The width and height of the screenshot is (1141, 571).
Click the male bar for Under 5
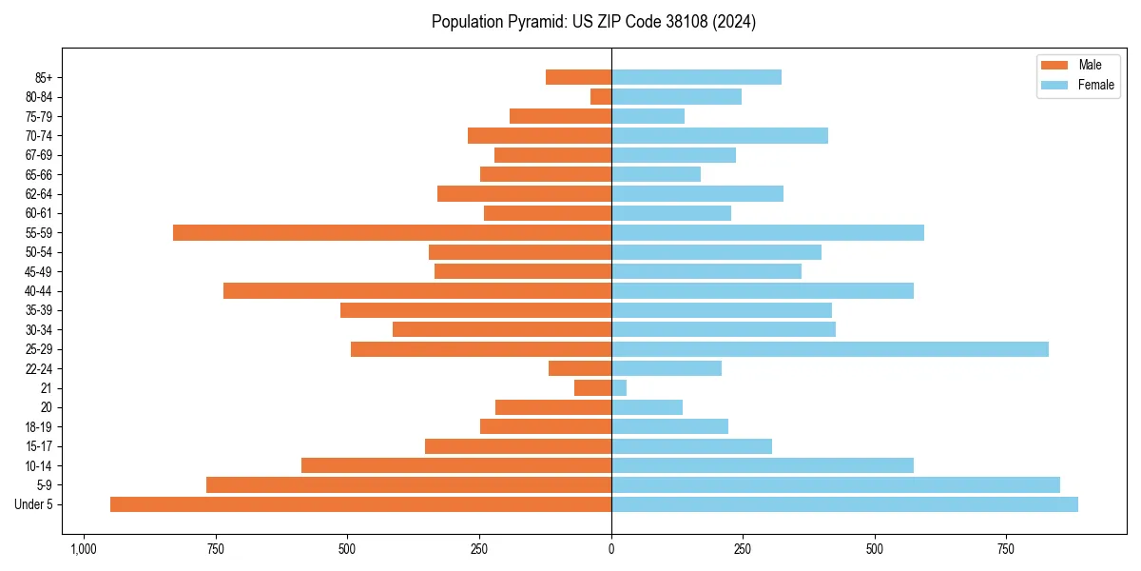(x=361, y=504)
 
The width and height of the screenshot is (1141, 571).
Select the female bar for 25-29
(x=829, y=349)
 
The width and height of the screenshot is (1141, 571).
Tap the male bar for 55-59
(x=392, y=232)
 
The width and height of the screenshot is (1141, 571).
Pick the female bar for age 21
(x=619, y=387)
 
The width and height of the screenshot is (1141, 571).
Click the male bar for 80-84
(x=601, y=96)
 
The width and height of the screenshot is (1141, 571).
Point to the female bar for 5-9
(x=835, y=484)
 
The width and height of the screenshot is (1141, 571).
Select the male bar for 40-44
(x=417, y=290)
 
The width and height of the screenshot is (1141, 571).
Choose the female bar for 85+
(x=696, y=77)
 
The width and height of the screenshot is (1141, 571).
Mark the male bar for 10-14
(x=456, y=465)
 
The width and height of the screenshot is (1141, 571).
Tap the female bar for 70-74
(x=719, y=135)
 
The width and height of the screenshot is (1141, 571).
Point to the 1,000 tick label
(x=83, y=549)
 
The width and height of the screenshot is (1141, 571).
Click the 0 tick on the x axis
(x=611, y=549)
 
